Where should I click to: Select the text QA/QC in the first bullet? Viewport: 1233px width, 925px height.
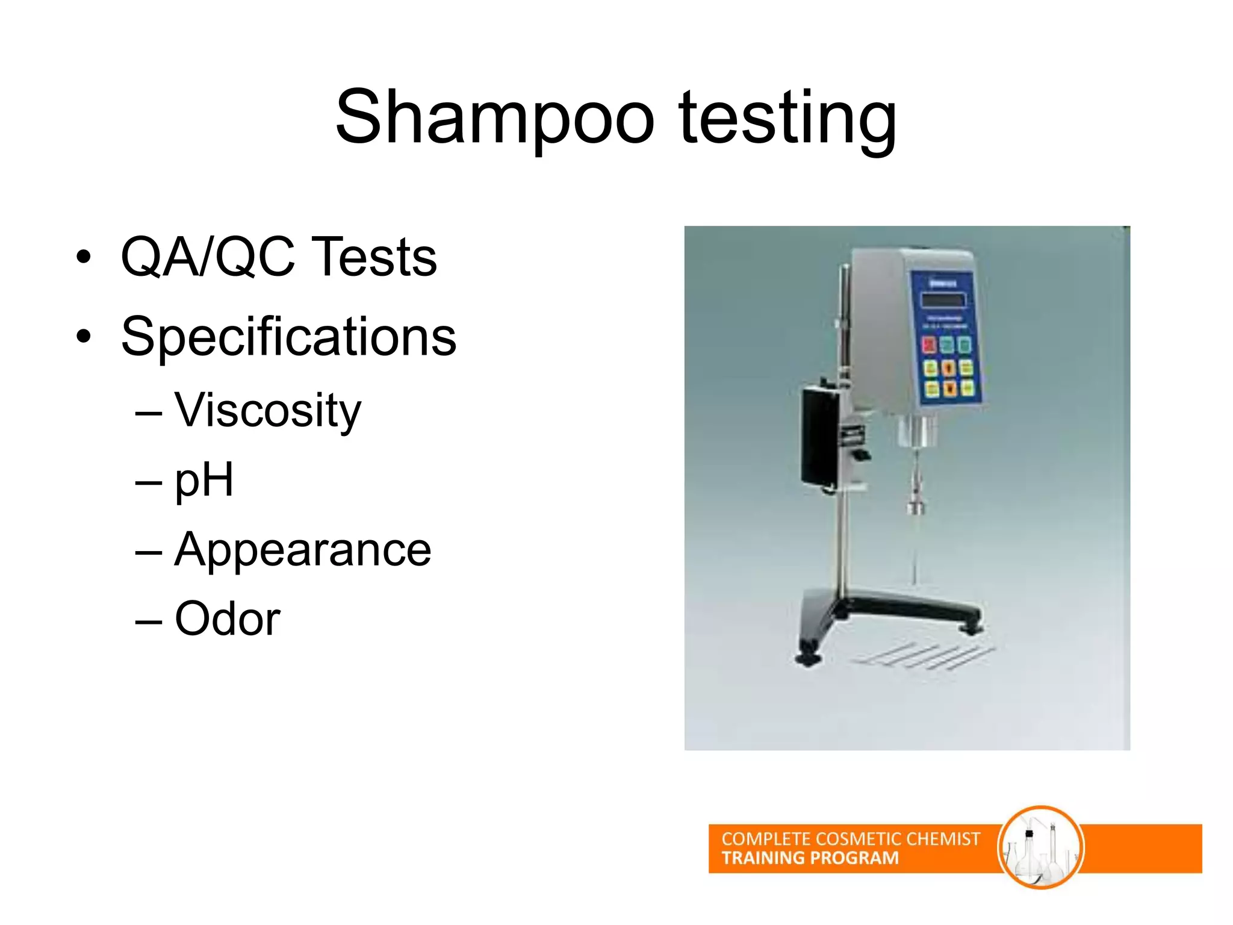coord(208,257)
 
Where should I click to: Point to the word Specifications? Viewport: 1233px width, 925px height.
coord(288,337)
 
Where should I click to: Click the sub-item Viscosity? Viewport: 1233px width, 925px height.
coord(268,411)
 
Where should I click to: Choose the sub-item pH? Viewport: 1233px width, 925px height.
coord(203,481)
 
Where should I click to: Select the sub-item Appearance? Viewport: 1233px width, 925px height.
coord(303,550)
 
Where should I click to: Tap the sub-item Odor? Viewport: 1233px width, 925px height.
coord(228,619)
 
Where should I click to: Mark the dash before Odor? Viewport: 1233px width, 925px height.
coord(149,621)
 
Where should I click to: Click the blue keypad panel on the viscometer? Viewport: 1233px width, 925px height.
coord(946,337)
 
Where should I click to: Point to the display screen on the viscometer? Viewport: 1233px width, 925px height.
coord(943,300)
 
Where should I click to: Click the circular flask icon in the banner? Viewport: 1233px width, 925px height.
coord(1040,847)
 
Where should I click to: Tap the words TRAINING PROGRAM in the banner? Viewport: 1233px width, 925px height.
coord(810,858)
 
